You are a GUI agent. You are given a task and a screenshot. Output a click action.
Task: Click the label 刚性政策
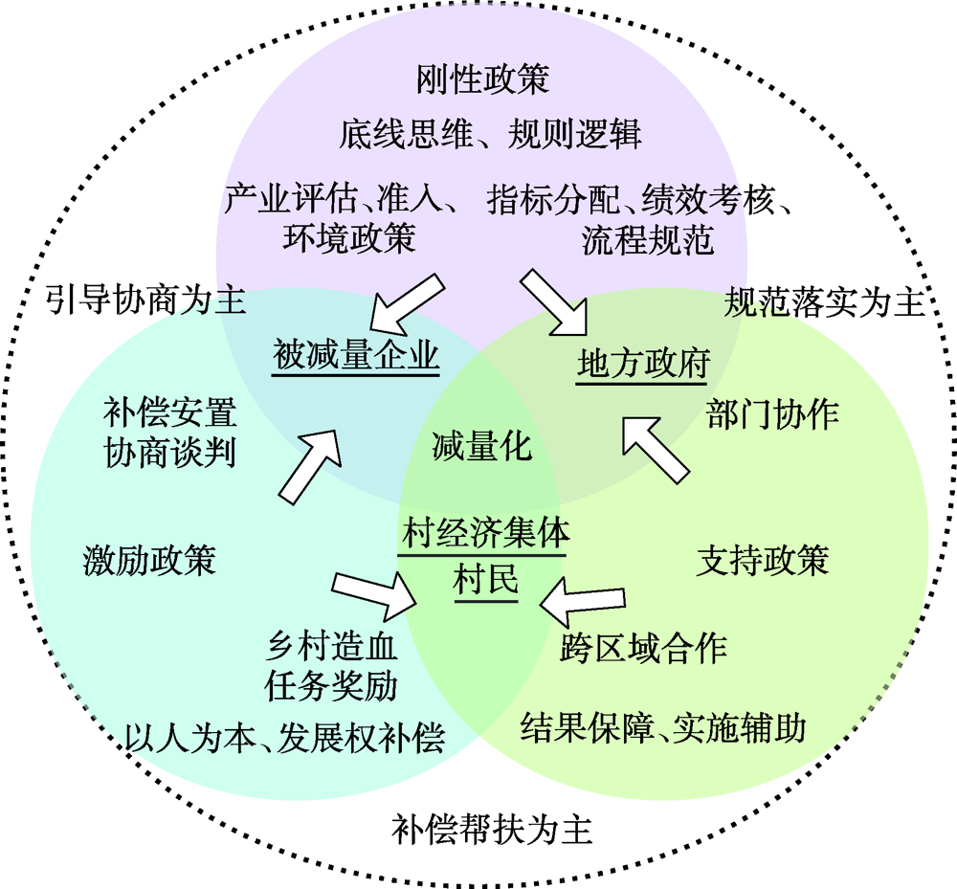[x=482, y=78]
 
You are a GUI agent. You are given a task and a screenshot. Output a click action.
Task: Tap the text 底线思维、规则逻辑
[x=489, y=135]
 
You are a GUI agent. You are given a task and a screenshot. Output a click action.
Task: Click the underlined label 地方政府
[x=643, y=365]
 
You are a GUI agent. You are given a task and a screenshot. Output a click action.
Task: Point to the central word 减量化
[x=481, y=447]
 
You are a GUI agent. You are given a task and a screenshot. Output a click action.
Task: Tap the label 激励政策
[x=148, y=560]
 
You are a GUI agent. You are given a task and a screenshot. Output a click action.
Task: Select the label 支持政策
[x=762, y=560]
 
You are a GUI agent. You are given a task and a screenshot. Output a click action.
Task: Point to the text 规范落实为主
[x=823, y=302]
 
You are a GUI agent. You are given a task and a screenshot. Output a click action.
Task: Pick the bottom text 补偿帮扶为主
[x=492, y=830]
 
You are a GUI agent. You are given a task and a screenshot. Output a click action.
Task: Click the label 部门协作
[x=773, y=413]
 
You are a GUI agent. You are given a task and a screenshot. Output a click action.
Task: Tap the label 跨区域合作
[x=643, y=648]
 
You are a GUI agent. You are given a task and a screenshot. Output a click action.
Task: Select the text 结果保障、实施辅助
[x=663, y=728]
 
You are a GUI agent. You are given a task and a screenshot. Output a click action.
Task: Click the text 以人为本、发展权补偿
[x=284, y=738]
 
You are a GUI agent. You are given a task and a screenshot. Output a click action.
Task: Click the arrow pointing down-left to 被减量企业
[x=406, y=301]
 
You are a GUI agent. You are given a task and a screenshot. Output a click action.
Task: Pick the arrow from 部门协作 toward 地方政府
[x=657, y=450]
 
